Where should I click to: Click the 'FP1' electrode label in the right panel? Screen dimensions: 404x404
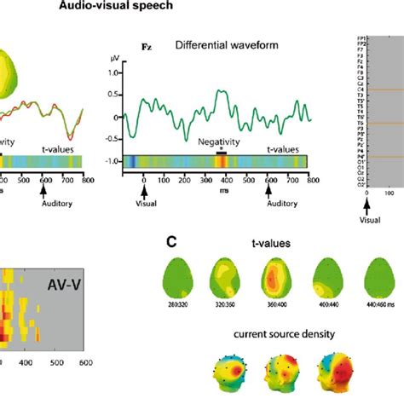[362, 38]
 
